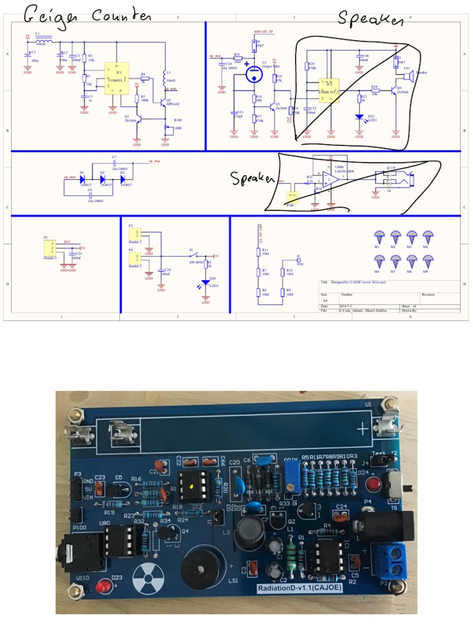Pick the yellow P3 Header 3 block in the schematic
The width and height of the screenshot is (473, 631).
click(48, 248)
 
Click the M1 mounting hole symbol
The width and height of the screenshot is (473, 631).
click(379, 237)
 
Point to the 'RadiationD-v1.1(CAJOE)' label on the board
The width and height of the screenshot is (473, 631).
click(301, 588)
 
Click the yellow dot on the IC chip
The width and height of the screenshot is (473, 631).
click(192, 487)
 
